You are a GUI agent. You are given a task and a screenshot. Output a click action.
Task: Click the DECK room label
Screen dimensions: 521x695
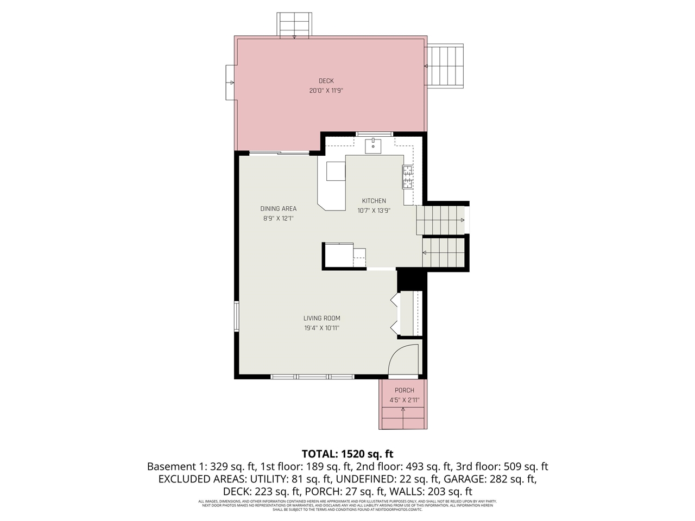point(326,81)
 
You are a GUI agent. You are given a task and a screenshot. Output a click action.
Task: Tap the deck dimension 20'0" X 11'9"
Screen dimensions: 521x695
point(326,91)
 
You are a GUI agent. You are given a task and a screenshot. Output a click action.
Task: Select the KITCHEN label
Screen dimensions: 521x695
point(374,201)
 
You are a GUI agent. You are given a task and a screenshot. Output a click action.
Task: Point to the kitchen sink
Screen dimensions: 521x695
point(373,146)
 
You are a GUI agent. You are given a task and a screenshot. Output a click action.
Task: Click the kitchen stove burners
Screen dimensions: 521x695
point(407,177)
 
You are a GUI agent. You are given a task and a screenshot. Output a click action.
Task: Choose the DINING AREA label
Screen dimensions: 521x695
point(278,208)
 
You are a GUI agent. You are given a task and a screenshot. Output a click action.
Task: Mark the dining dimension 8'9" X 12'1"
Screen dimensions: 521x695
point(278,219)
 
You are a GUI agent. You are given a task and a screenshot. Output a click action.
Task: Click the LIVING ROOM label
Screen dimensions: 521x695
point(321,318)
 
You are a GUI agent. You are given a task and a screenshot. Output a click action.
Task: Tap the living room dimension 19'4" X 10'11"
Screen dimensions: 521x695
point(321,328)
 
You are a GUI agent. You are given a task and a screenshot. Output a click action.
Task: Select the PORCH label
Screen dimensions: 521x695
point(404,390)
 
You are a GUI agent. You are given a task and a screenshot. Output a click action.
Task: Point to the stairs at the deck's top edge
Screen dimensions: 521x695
point(294,25)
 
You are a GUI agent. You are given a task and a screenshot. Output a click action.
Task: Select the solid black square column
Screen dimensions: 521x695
point(412,280)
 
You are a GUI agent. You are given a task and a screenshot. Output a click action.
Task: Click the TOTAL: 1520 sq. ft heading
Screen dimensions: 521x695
point(347,454)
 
